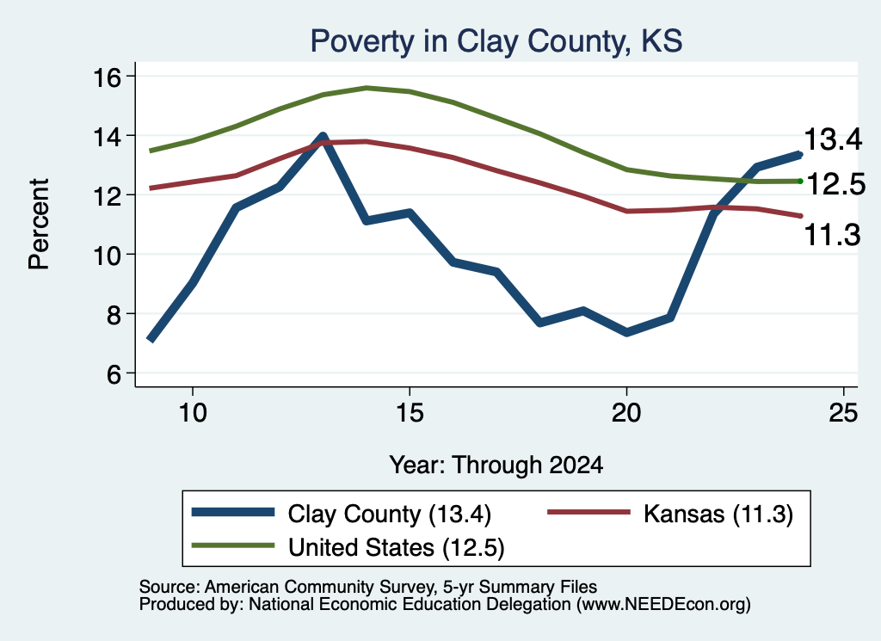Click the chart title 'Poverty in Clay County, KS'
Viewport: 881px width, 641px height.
496,41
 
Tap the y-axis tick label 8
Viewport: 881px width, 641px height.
114,315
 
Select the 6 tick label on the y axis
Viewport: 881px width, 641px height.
114,374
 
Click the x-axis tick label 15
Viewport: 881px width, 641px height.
410,413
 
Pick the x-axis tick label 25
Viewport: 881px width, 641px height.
843,413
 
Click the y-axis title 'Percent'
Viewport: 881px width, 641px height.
39,225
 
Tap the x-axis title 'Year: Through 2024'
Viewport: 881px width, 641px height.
496,465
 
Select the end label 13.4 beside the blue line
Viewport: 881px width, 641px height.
833,139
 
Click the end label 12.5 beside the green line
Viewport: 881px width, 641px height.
836,184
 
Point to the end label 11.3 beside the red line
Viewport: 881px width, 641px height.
832,234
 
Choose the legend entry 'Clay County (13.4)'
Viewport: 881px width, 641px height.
390,514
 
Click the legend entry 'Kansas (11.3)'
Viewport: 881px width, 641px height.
718,514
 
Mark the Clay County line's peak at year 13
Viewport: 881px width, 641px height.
323,136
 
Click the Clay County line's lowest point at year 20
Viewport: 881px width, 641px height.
626,333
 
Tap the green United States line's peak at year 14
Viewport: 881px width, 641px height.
367,89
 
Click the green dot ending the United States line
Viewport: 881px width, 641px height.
800,181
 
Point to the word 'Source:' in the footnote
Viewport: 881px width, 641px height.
169,587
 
